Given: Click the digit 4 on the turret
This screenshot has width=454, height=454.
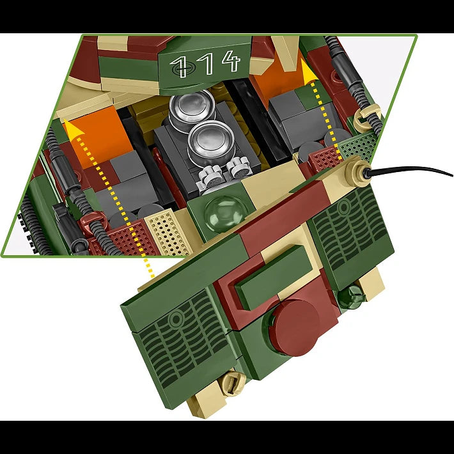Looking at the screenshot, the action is coord(231,61).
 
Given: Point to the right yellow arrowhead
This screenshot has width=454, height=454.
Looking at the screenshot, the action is coord(308,71).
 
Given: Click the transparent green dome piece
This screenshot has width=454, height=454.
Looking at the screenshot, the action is coord(224,214).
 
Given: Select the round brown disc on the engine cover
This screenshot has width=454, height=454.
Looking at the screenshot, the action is coord(297,327).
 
